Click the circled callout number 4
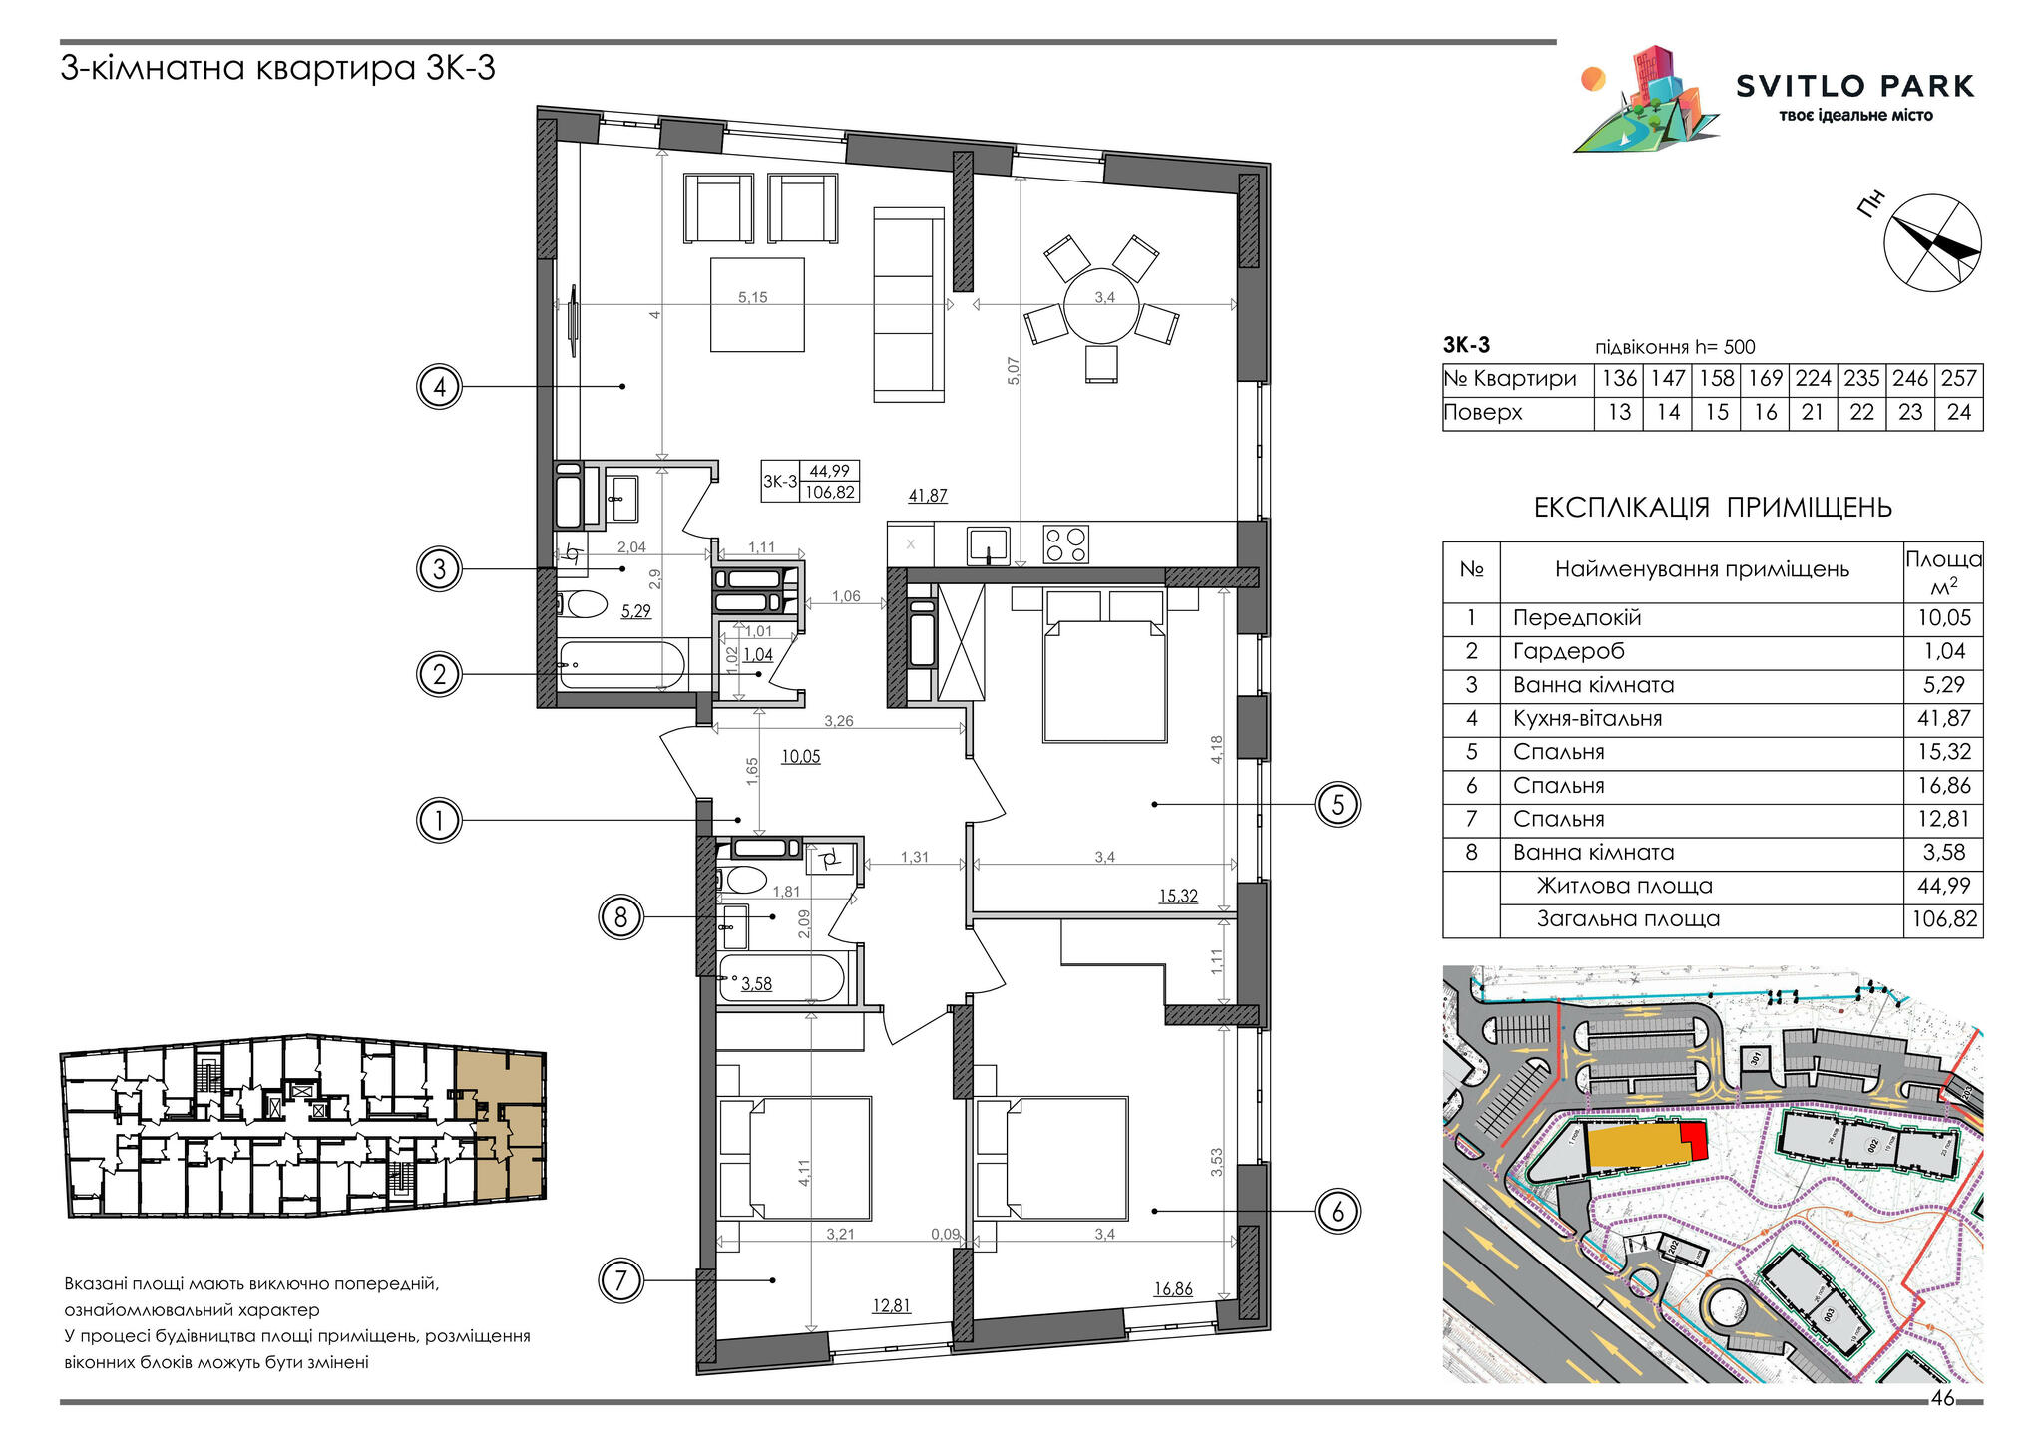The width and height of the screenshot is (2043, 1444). (440, 387)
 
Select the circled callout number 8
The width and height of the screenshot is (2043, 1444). (620, 916)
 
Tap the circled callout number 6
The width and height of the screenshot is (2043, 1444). (1338, 1212)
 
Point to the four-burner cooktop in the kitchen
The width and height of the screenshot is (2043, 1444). (1065, 544)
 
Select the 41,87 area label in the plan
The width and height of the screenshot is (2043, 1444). (928, 496)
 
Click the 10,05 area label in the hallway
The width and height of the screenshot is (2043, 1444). (800, 757)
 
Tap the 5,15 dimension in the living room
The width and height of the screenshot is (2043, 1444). (752, 297)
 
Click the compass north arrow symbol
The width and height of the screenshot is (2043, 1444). (1931, 243)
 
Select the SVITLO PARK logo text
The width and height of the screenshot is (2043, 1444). (1854, 87)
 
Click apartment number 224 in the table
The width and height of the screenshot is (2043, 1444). (1813, 379)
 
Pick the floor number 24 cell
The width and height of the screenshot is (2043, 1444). (1958, 413)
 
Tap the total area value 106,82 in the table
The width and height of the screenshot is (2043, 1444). (1943, 919)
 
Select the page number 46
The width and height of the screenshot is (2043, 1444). (1942, 1398)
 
